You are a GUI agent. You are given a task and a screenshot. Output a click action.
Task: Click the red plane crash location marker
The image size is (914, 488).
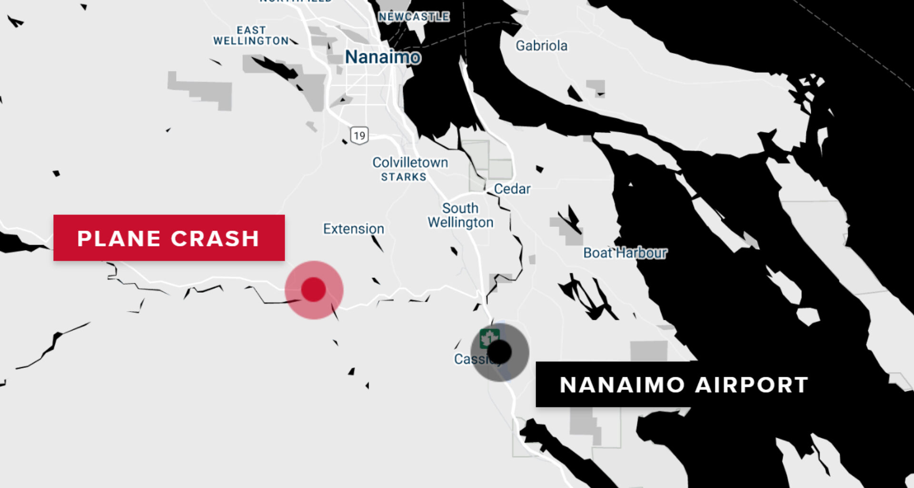point(313,289)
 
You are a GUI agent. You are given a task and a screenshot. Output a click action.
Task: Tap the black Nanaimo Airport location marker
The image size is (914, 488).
point(500,352)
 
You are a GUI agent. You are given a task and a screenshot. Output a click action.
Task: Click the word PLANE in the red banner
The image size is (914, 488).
point(119,238)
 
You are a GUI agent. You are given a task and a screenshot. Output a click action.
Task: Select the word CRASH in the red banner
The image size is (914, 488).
point(215,238)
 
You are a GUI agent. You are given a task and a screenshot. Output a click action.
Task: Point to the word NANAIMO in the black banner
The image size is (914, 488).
point(622,385)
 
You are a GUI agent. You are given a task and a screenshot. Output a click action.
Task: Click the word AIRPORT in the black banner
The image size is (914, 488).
point(752,385)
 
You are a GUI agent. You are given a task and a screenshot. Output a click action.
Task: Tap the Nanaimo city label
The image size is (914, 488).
point(383,57)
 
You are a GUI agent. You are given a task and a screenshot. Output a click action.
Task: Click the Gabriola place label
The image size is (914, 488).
point(542,46)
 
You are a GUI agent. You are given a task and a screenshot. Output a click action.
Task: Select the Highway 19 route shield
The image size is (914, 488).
point(359,136)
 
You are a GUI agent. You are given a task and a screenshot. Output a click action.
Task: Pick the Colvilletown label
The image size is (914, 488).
point(410,163)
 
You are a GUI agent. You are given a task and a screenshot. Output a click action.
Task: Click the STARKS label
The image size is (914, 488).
point(403,177)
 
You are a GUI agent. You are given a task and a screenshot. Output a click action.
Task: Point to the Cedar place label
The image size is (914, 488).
point(512,189)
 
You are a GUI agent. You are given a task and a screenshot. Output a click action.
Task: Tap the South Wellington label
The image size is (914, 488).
point(460,215)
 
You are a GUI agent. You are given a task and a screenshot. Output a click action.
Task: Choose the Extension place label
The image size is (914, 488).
point(353,229)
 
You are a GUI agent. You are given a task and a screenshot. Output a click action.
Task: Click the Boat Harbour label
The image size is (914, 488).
point(625,253)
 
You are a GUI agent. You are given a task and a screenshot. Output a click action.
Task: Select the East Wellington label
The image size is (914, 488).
point(251,36)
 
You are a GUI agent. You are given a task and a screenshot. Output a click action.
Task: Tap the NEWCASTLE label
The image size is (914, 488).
point(414,17)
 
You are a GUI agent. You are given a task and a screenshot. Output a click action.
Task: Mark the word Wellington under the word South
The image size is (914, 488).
point(460,223)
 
